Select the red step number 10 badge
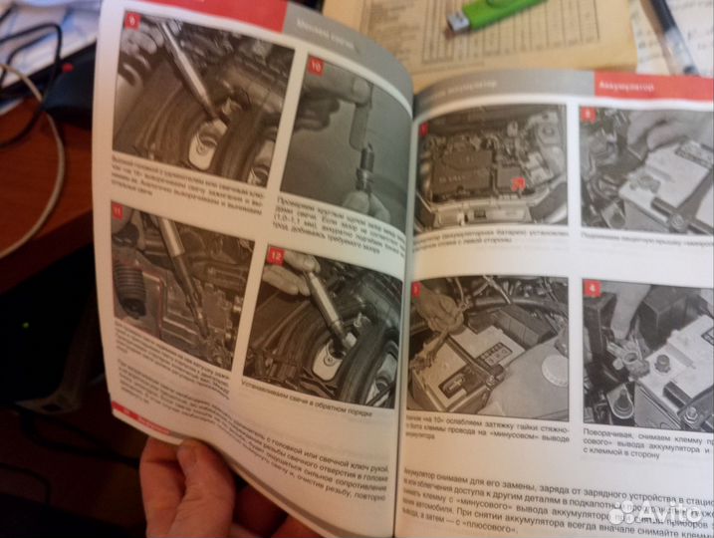coord(315,67)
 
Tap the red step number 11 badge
coord(119,211)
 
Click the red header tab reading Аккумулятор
coord(651,86)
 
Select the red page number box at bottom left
coord(124,408)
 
